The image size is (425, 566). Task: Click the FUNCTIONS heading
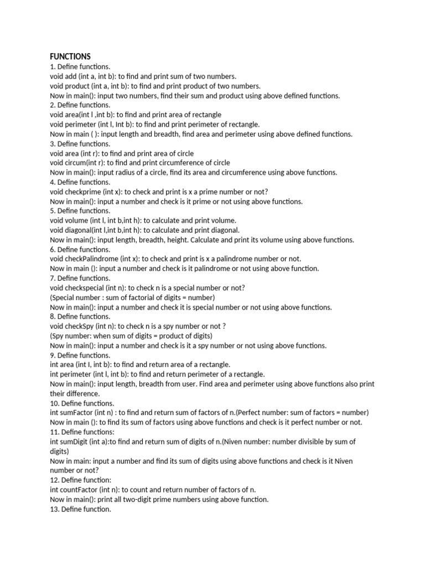(70, 56)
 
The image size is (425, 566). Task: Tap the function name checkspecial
(85, 287)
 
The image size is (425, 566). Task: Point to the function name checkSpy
(80, 326)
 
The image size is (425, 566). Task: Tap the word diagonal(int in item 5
(85, 230)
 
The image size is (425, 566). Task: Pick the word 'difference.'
(81, 394)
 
